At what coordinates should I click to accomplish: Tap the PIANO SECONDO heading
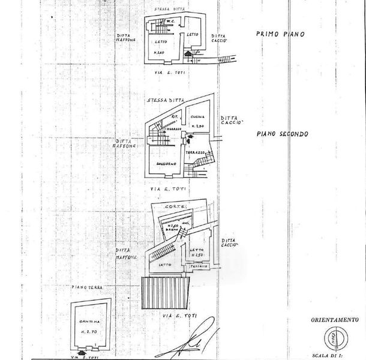click(281, 134)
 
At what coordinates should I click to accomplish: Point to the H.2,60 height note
click(158, 53)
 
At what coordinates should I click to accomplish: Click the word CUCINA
click(198, 116)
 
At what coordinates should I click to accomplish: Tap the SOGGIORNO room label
click(162, 163)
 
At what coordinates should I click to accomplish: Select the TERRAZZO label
click(196, 154)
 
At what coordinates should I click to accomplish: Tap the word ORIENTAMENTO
click(334, 319)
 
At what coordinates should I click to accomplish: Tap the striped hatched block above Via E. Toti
click(166, 292)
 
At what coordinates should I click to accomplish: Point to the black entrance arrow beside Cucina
click(190, 138)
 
